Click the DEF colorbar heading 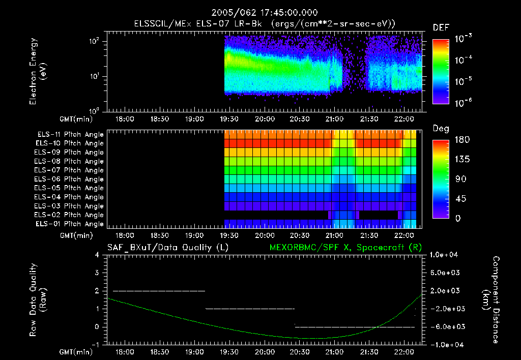click(x=441, y=27)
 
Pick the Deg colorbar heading click(x=441, y=129)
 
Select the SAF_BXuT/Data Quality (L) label click(x=167, y=248)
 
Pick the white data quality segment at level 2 click(x=159, y=291)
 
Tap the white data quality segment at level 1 click(x=250, y=309)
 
